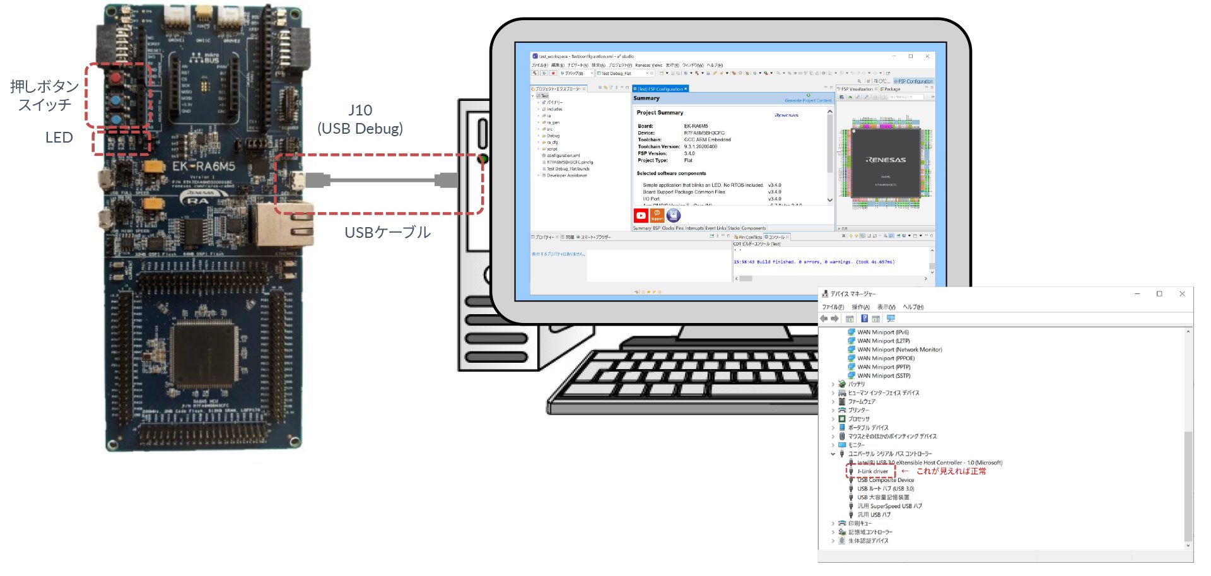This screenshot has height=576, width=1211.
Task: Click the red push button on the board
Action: point(116,78)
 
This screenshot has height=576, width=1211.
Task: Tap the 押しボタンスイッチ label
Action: point(44,95)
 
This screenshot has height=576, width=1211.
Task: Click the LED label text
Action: point(59,138)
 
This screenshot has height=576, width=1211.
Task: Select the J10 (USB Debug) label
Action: point(360,119)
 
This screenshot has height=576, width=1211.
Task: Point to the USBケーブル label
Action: point(387,232)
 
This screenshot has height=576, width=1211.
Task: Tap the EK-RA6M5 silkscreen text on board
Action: point(203,167)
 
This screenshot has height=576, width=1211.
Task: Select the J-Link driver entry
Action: point(872,471)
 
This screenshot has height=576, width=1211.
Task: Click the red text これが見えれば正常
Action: point(951,471)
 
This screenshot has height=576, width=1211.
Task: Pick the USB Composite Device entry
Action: point(885,480)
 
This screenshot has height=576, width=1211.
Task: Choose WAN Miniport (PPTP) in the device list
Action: point(883,367)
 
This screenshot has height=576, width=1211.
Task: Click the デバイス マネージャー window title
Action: point(853,294)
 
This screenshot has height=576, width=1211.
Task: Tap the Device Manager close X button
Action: point(1182,294)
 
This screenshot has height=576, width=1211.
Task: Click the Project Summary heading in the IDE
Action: point(660,113)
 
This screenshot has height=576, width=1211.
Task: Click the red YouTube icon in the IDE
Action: point(641,216)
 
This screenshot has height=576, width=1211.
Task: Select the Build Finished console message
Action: point(814,262)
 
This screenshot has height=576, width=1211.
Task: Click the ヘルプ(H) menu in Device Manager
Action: point(913,307)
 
